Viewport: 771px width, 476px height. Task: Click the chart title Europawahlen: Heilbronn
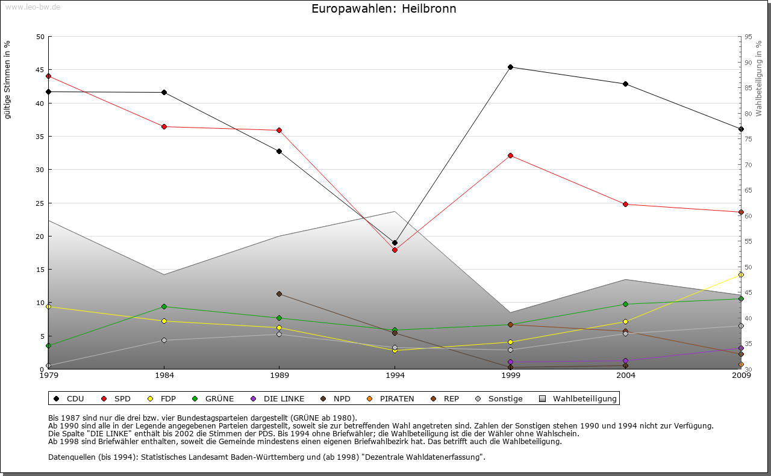pos(384,9)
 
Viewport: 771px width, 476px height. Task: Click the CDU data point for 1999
pos(510,67)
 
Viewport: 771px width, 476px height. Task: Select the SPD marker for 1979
pos(48,76)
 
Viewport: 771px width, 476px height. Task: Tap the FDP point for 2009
pos(741,274)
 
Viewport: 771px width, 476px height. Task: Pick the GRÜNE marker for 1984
pos(164,306)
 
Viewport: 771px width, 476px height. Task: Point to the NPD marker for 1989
pos(279,294)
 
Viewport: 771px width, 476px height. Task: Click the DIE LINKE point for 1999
pos(510,362)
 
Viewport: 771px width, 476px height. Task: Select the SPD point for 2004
pos(626,204)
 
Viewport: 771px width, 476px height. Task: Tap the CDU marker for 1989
pos(279,151)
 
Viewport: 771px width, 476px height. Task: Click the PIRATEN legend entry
pos(391,398)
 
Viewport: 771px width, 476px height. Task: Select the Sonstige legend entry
pos(499,398)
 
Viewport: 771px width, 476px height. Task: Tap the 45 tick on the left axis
pos(40,70)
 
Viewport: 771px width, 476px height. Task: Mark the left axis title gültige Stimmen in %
pos(7,80)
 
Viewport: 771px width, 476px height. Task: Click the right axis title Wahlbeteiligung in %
pos(758,79)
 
